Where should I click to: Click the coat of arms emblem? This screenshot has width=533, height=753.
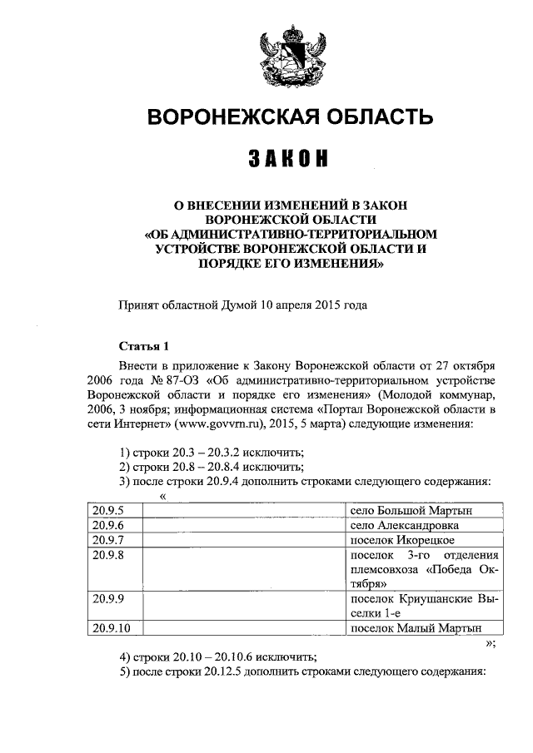pos(284,55)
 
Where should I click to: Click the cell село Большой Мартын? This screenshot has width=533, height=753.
pos(416,509)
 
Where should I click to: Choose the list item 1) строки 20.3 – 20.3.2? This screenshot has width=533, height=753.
pos(212,452)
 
